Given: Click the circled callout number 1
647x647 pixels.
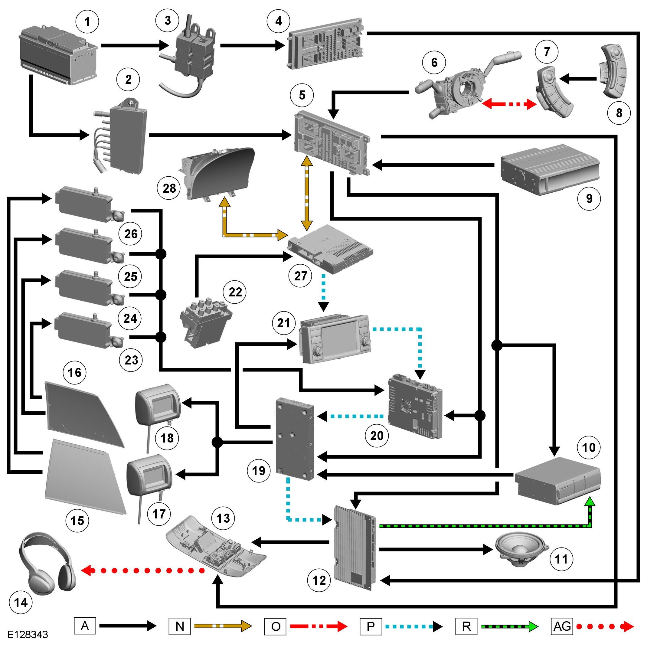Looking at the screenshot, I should (87, 22).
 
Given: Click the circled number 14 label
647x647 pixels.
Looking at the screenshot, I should (21, 603).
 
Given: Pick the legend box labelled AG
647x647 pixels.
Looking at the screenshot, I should (562, 626).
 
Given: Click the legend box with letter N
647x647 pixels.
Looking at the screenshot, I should (180, 626).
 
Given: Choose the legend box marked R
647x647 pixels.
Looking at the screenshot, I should (466, 626).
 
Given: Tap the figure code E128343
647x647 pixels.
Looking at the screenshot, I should (28, 634).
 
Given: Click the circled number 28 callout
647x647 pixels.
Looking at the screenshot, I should (169, 188).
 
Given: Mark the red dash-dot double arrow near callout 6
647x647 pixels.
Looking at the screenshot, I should (509, 104).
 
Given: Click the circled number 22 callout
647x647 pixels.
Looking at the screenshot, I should (235, 292).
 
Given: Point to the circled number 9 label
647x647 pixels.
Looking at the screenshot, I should (589, 199).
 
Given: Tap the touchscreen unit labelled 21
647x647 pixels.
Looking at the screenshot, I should (335, 339).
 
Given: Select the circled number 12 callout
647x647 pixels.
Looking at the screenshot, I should (319, 580).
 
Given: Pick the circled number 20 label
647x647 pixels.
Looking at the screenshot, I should (377, 436).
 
